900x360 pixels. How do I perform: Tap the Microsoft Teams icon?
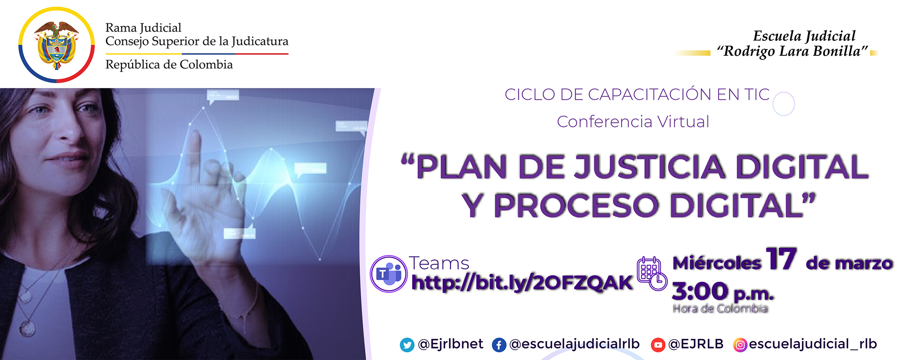tap(388, 274)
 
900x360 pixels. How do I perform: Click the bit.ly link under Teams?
tap(522, 283)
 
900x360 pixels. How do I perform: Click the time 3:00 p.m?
tap(722, 292)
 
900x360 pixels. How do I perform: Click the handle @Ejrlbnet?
tap(450, 344)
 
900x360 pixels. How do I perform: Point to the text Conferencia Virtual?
tap(633, 121)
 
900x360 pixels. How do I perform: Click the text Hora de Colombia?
tap(720, 309)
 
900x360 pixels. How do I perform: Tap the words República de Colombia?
tap(169, 65)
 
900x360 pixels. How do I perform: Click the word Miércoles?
tap(716, 263)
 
